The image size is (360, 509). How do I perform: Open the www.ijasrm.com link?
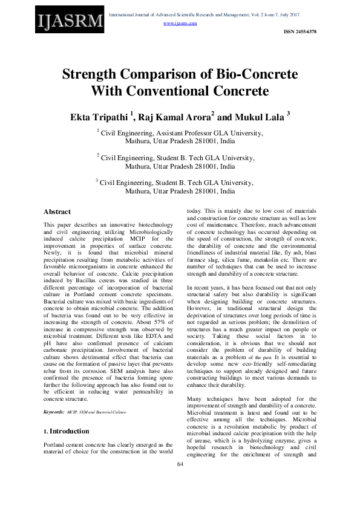click(x=180, y=23)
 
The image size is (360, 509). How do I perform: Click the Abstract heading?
click(x=57, y=212)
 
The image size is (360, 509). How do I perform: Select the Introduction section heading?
click(x=69, y=431)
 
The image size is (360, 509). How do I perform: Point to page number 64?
click(x=180, y=481)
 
